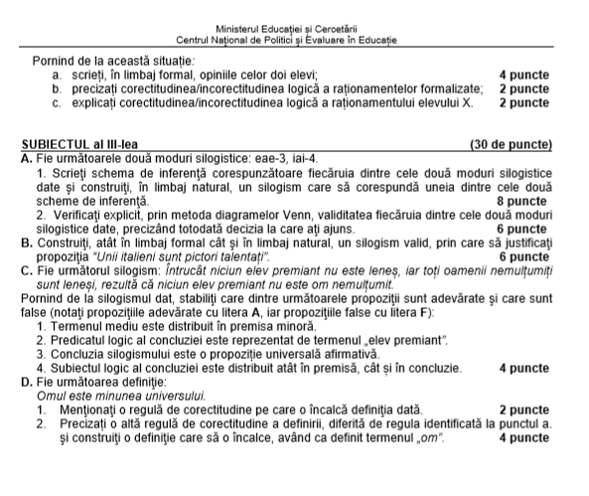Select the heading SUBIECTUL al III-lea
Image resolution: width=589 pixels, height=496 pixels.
76,146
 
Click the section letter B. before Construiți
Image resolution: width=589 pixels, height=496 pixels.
26,245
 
